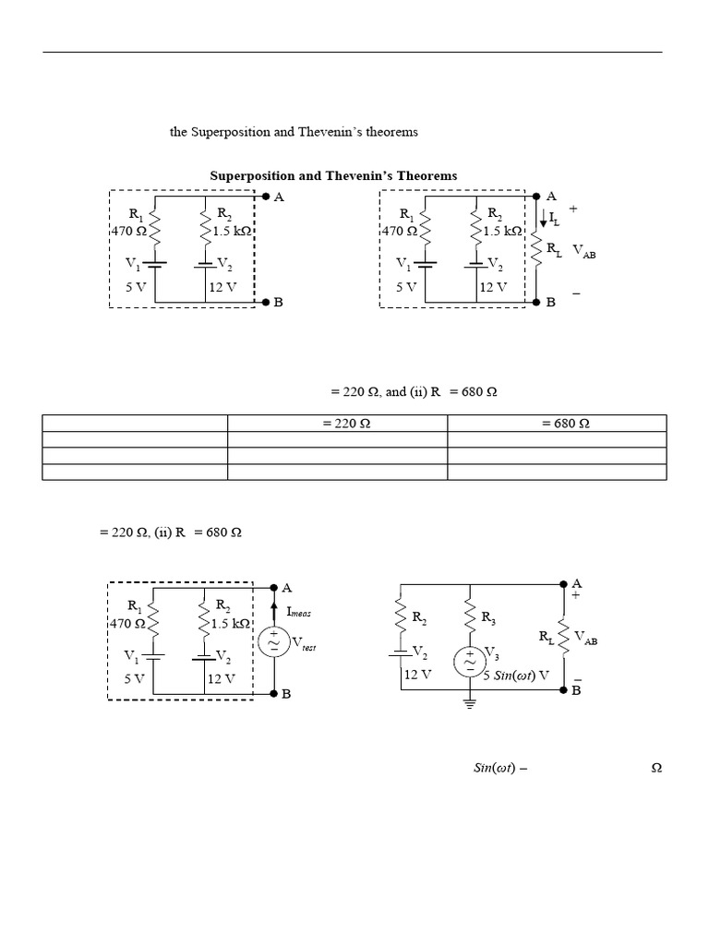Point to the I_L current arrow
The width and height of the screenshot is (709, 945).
coord(544,219)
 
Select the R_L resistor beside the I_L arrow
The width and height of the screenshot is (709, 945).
coord(536,252)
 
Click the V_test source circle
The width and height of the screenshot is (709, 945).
coord(274,642)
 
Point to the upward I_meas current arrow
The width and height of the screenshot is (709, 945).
coord(275,610)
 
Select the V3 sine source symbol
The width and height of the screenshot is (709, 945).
coord(470,661)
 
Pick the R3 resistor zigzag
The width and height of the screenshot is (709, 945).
coord(470,616)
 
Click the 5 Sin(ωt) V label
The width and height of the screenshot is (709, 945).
coord(516,675)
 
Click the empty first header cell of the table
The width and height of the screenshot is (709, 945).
coord(135,424)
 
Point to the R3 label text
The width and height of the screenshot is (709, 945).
coord(488,616)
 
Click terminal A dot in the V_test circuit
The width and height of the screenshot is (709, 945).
coord(274,587)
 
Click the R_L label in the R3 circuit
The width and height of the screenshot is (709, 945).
coord(547,636)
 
